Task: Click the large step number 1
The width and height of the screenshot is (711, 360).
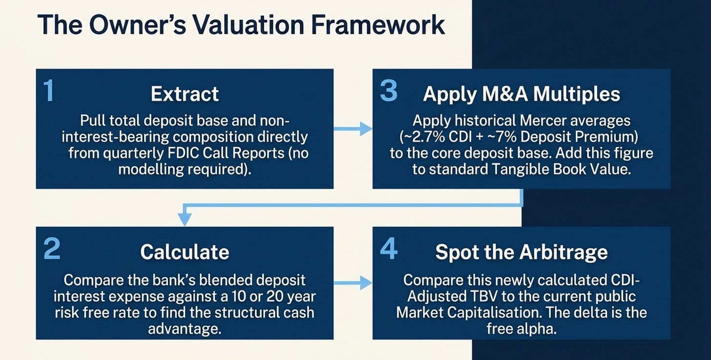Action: coord(48,91)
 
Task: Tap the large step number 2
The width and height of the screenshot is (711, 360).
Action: coord(52,249)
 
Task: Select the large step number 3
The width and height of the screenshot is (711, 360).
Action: coord(389,91)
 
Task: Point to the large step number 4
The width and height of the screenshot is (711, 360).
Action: coord(389,249)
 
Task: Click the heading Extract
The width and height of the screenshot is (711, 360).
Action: coord(185,94)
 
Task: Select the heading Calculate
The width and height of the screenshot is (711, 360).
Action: coord(185,252)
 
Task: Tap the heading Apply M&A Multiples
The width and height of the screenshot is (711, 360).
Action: coord(522,94)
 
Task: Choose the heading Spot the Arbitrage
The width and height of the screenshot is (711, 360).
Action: coord(522,253)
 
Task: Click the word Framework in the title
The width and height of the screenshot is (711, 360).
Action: coord(378,25)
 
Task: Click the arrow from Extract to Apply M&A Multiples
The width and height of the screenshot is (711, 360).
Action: coord(353,128)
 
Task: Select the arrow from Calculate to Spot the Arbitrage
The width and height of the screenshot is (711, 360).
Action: coord(353,282)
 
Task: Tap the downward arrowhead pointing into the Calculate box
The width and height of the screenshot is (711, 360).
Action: coord(185,219)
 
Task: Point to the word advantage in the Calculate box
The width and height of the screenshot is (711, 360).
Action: coord(185,329)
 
